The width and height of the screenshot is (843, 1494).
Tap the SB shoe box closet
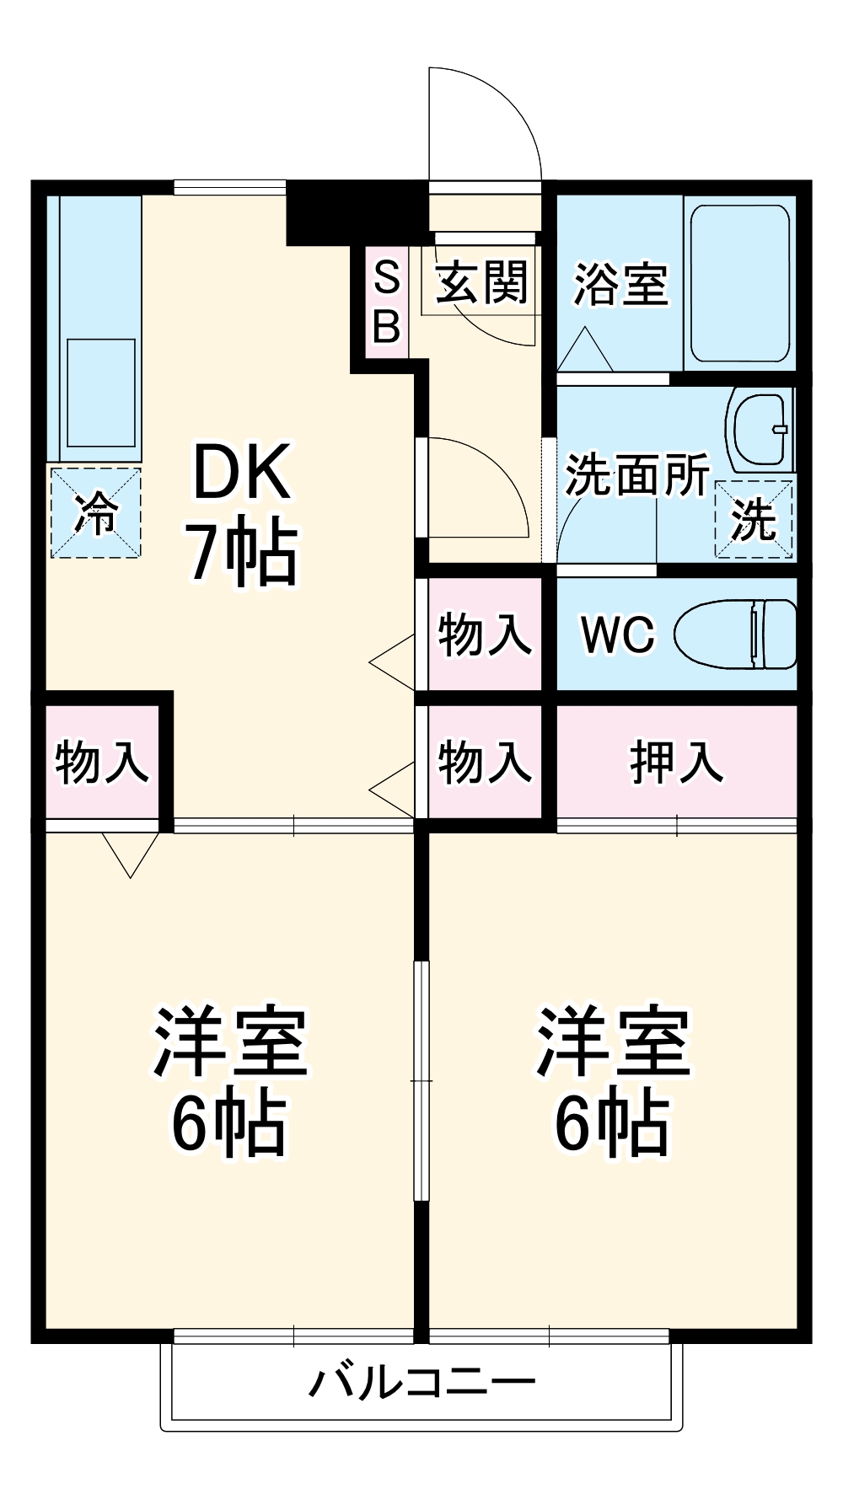pos(386,302)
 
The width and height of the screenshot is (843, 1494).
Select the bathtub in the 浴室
pos(740,282)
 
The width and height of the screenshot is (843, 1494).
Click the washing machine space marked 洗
pos(753,519)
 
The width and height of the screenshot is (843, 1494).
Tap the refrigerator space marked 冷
pos(95,512)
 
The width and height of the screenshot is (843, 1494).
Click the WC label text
pos(618,634)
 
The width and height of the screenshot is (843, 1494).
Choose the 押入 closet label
pos(676,762)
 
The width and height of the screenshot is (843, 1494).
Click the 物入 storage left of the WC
pos(484,634)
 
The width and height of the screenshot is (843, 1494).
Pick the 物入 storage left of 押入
pos(484,762)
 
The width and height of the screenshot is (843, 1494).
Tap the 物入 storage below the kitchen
pos(101,762)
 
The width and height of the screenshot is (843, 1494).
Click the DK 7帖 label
pos(243,514)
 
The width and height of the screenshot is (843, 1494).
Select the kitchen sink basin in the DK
pos(101,392)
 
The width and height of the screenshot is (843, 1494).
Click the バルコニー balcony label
pos(421,1383)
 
